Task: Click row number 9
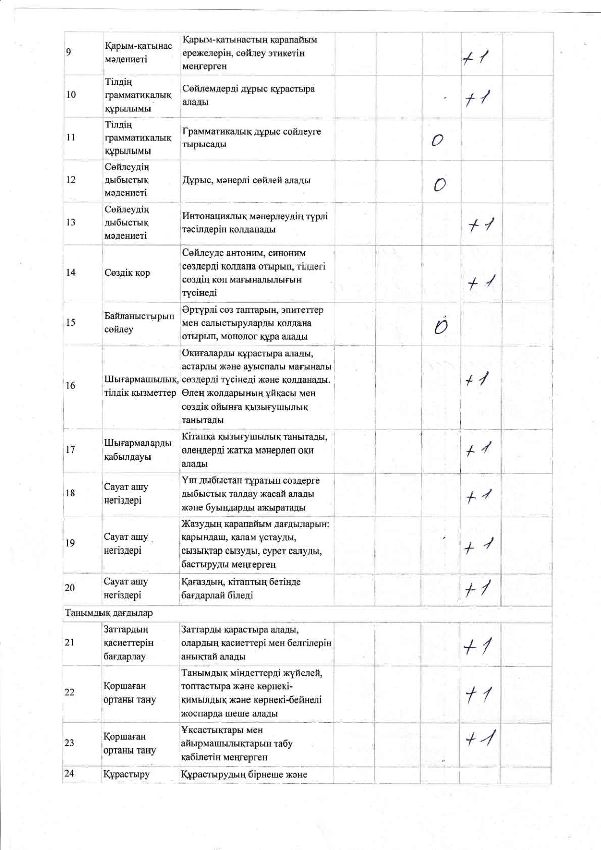coord(69,53)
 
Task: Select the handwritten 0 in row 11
coord(438,140)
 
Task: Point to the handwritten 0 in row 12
coord(440,185)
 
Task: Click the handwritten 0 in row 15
coord(441,327)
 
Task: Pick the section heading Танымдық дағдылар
coord(109,613)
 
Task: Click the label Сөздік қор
coord(127,273)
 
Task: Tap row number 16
coord(70,386)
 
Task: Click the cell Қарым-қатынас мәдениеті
coord(138,53)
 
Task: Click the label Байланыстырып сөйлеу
coord(139,323)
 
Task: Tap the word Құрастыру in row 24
coord(126,774)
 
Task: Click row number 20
coord(70,588)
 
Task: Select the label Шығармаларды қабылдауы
coord(137,449)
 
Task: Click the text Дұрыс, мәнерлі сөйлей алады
coord(246,180)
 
